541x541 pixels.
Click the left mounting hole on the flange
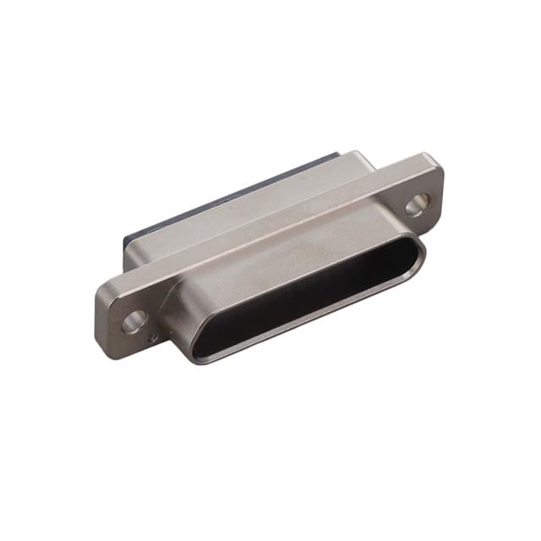(x=134, y=320)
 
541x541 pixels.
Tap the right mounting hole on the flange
(x=416, y=203)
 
